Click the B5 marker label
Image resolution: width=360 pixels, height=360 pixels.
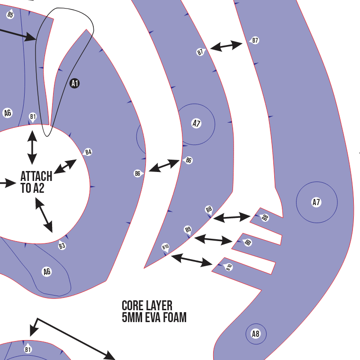tap(10, 15)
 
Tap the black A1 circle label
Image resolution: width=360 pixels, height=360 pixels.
tap(74, 83)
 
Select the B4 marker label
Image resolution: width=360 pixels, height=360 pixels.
tap(88, 152)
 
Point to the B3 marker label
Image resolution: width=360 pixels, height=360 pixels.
tap(62, 246)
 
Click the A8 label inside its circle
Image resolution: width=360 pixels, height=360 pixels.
tap(256, 334)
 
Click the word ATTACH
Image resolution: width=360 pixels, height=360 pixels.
tap(36, 177)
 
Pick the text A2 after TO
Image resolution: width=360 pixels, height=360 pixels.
tap(39, 189)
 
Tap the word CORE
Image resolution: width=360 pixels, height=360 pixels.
tap(134, 306)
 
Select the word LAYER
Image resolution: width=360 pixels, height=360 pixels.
tap(160, 306)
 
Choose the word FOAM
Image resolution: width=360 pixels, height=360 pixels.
tap(176, 317)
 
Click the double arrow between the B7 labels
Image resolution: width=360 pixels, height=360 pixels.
tap(226, 45)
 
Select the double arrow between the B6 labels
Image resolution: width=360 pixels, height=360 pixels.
tap(164, 166)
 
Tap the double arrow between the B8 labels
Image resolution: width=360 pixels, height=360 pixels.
tap(232, 217)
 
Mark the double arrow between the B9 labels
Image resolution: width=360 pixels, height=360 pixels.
tap(213, 239)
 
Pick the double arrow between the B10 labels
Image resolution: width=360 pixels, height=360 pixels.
tap(191, 260)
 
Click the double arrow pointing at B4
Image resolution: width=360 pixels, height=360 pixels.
tap(65, 166)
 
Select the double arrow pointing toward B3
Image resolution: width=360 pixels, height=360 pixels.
tap(44, 215)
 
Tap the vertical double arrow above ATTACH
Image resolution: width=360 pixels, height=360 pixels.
tap(32, 147)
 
